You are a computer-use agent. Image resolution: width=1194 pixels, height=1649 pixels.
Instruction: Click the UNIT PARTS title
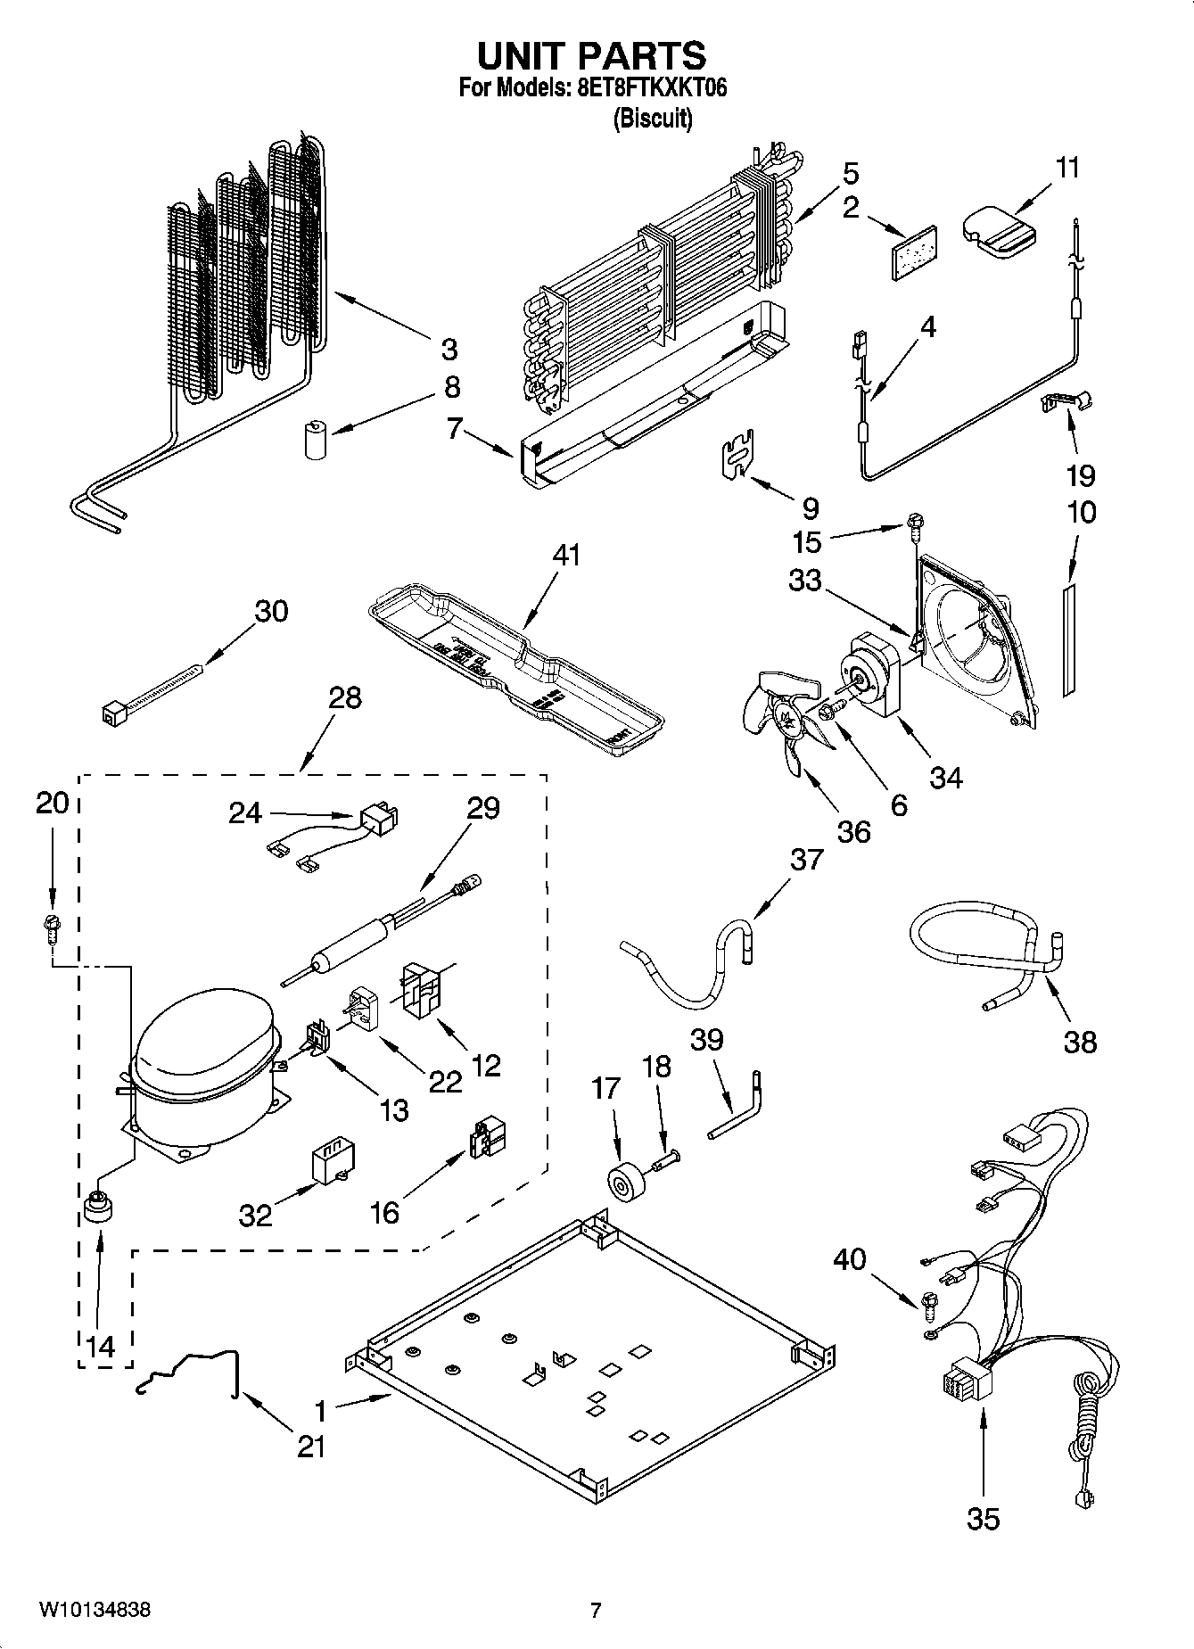tap(591, 56)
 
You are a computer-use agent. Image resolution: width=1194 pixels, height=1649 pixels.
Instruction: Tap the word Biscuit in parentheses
tap(653, 118)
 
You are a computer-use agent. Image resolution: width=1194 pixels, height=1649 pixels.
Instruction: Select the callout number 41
tap(565, 555)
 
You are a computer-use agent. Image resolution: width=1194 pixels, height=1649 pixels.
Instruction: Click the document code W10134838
tap(94, 1610)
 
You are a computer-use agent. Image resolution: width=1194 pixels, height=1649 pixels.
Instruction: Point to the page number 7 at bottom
tap(596, 1611)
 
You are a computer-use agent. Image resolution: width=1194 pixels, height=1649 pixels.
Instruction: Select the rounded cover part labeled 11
tap(997, 232)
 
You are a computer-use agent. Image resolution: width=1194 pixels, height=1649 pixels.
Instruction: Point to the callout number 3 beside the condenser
tap(449, 348)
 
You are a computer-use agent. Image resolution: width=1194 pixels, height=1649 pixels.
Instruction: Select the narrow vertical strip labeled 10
tap(1068, 639)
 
